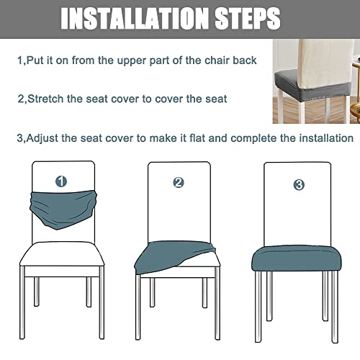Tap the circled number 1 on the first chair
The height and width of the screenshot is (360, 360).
62,181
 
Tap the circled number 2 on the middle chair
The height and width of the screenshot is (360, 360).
179,183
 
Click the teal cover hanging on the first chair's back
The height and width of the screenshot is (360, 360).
61,202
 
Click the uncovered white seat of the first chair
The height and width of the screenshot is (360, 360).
61,252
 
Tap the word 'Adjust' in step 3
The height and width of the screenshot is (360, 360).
47,138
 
